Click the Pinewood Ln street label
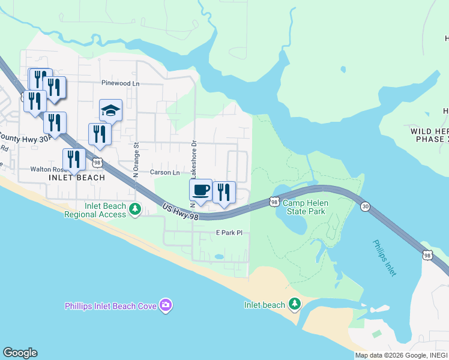click(120, 83)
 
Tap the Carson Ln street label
click(164, 172)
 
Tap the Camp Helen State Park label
click(304, 207)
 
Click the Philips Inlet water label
click(384, 258)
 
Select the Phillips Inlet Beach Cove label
click(112, 306)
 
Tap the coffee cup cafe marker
click(200, 190)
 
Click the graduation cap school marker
click(110, 110)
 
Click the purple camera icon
click(166, 306)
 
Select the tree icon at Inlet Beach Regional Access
click(136, 209)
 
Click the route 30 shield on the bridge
click(365, 206)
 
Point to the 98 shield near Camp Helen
click(274, 202)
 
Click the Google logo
click(20, 353)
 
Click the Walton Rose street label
click(47, 170)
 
